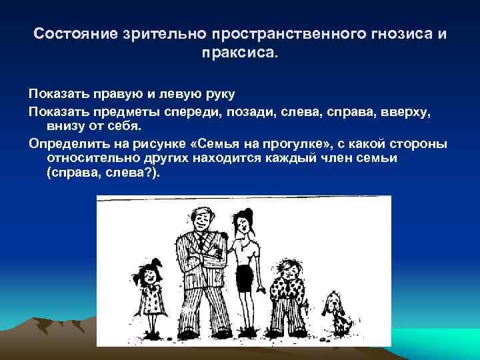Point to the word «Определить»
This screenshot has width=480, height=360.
62,144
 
